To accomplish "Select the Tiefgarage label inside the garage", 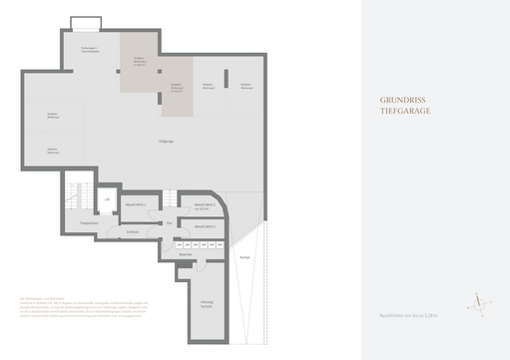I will (x=167, y=143).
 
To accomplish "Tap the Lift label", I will (x=108, y=199).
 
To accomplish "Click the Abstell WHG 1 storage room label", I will (x=136, y=204).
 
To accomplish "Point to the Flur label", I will (x=170, y=221).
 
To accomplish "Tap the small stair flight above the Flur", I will (x=170, y=198).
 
